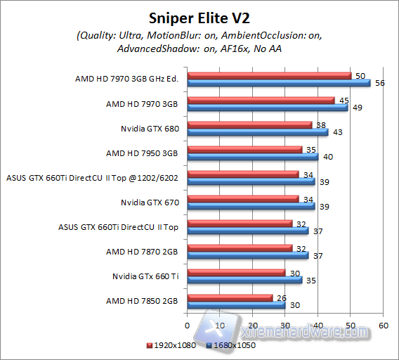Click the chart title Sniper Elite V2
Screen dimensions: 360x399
coord(199,17)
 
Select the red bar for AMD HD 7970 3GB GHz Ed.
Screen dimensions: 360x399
coord(269,75)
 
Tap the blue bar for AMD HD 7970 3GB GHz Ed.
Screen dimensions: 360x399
coord(278,82)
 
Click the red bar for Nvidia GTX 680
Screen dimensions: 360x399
coord(249,125)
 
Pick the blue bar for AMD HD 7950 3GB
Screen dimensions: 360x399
coord(253,156)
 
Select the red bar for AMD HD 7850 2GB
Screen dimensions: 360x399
coord(230,298)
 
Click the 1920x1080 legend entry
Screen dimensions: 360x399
coord(171,345)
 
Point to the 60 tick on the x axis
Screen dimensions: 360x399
coord(383,326)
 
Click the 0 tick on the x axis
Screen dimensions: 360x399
coord(187,326)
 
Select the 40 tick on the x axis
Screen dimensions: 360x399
coord(318,326)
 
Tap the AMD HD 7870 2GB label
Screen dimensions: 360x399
coord(142,251)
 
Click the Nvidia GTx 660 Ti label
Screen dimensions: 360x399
coord(145,276)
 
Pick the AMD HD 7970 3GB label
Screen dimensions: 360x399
coord(142,103)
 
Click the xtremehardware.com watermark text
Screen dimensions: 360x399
coord(302,330)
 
